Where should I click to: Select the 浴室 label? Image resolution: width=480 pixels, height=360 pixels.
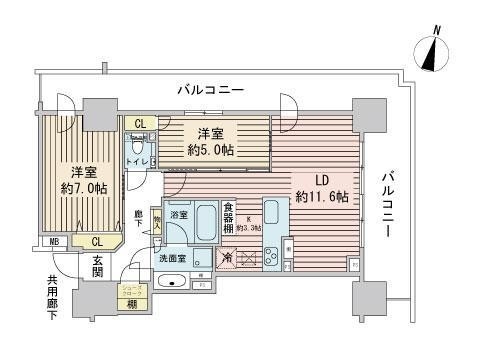[179, 214]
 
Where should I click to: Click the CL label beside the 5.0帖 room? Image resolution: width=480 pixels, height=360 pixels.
[142, 125]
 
